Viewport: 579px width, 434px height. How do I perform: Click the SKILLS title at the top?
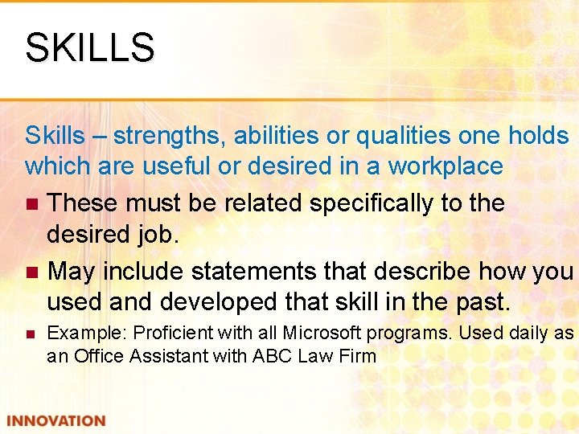(x=89, y=47)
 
